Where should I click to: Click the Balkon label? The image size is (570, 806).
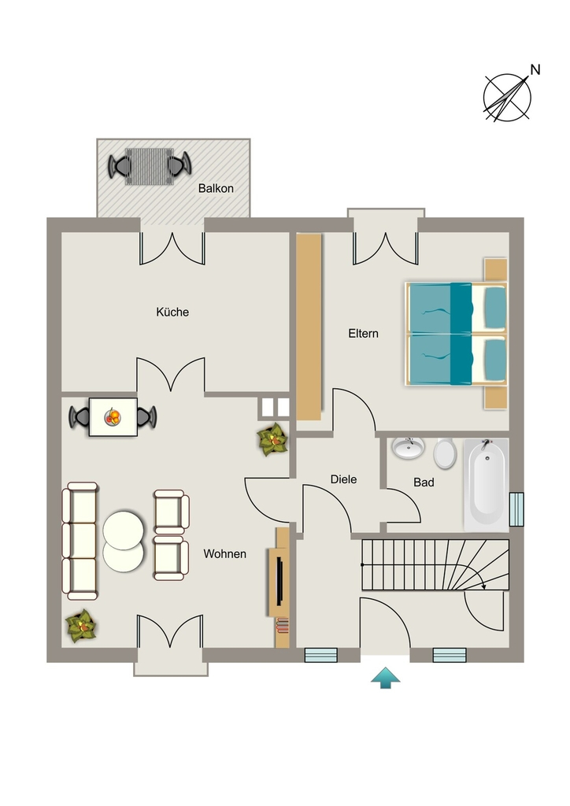coord(216,189)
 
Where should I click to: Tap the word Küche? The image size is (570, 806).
coord(172,312)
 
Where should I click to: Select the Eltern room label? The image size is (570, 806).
coord(364,334)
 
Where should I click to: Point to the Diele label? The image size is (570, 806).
coord(343,479)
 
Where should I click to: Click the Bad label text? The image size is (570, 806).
coord(424,482)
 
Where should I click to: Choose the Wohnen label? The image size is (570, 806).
coord(224,553)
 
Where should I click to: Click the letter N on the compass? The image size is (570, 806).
coord(535,69)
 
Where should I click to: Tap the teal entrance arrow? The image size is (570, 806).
coord(386,678)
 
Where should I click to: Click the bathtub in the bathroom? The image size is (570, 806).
coord(487,485)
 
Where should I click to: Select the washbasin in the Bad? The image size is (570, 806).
coord(408,447)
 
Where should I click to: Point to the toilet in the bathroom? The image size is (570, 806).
coord(445,453)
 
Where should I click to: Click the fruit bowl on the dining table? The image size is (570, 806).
coord(113,416)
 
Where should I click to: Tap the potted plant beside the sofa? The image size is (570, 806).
coord(80,626)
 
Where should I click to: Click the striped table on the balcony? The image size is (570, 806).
coord(150,166)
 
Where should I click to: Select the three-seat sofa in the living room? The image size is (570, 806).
coord(80,541)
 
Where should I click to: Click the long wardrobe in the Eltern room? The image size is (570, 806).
coord(309,327)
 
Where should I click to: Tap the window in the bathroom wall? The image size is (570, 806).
coord(516,509)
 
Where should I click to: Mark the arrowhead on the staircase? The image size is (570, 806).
coord(483,585)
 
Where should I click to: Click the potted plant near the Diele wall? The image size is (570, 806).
coord(272,439)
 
